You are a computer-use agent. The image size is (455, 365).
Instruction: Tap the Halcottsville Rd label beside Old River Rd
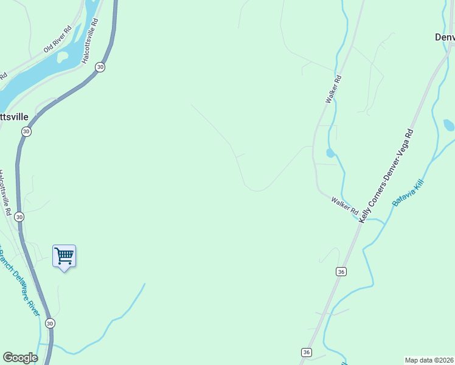(90, 41)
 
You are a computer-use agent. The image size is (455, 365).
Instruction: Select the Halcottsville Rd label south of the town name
(6, 193)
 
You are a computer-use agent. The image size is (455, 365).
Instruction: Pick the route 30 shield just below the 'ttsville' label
(26, 131)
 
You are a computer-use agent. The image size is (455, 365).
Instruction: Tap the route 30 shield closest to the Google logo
(50, 323)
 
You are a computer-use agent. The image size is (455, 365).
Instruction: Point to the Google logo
(20, 358)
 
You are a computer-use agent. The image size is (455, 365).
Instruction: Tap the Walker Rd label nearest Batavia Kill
(345, 205)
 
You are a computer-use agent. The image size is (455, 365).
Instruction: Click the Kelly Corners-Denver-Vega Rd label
(387, 176)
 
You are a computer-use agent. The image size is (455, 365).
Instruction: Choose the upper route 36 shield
(341, 271)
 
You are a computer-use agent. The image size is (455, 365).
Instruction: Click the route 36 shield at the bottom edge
(307, 352)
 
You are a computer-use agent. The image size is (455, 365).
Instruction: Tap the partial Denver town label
(445, 37)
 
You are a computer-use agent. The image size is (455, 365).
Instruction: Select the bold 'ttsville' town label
(14, 116)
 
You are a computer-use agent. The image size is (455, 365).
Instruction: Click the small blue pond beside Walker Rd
(330, 153)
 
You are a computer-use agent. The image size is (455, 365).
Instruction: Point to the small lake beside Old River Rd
(62, 57)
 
